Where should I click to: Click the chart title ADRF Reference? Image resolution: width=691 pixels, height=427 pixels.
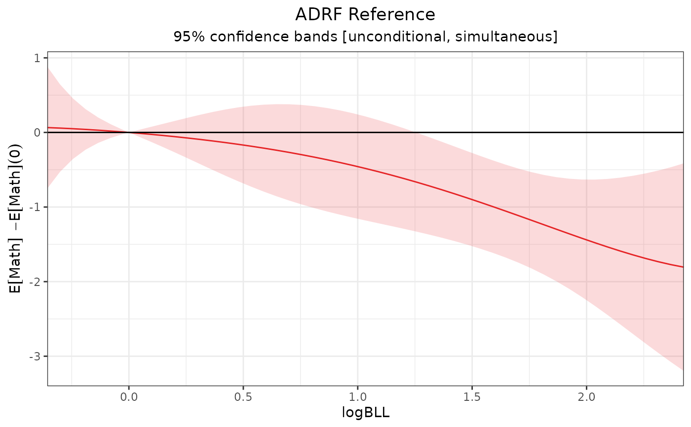[365, 14]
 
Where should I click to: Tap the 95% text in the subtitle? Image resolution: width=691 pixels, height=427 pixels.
[186, 36]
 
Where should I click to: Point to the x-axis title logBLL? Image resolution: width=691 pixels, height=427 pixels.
[365, 413]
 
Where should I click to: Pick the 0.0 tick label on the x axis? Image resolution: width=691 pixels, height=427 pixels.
[129, 396]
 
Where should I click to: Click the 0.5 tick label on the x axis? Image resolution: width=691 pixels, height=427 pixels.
[243, 396]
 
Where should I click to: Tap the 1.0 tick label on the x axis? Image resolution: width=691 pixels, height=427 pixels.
[357, 396]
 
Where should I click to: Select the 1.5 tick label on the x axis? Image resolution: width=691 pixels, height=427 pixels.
[472, 396]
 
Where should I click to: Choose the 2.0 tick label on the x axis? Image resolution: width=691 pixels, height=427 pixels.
[586, 396]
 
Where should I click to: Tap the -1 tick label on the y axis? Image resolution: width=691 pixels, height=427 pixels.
[36, 207]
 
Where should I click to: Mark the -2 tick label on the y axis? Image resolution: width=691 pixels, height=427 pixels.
[36, 282]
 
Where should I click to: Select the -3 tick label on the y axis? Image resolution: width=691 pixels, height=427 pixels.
[36, 356]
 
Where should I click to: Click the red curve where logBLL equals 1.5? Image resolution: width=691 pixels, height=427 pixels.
[472, 199]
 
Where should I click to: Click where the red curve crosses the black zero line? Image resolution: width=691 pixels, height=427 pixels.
[129, 132]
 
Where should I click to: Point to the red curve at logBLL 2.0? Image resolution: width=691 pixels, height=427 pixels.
[586, 239]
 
